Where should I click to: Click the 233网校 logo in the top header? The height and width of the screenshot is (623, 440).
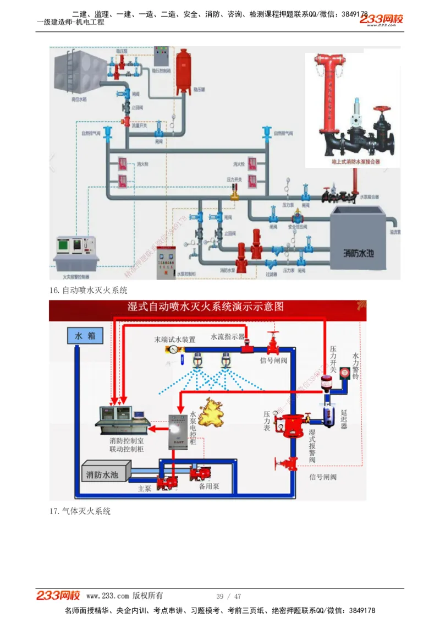pos(381,20)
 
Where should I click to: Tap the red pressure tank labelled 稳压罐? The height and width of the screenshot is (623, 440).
pos(183,72)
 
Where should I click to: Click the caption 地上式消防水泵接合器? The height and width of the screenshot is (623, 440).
pos(355,162)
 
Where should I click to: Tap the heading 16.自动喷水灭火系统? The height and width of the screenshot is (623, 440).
pos(88,290)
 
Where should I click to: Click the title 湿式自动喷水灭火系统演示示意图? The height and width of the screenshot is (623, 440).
pos(206,307)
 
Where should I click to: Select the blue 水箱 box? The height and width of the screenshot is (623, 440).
pos(85,336)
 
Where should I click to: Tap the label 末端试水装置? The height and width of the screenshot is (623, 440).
pos(174,340)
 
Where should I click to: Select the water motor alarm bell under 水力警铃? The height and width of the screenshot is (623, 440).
pos(345,372)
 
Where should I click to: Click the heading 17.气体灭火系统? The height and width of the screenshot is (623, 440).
pos(80,511)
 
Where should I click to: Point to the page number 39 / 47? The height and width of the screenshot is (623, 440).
pos(229,597)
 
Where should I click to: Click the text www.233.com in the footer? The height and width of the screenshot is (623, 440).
pos(107,596)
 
